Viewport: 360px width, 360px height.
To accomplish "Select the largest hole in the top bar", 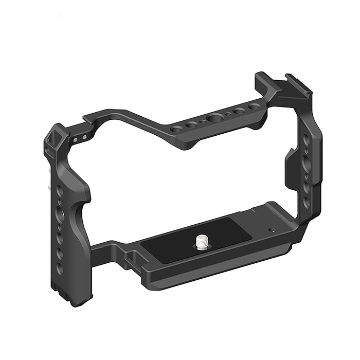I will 213,119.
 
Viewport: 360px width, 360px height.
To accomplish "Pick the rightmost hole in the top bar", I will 254,107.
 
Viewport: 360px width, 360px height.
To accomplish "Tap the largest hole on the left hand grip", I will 61,214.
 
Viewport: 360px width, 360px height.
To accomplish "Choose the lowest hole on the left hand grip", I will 60,268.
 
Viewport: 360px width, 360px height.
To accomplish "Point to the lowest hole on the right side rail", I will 307,202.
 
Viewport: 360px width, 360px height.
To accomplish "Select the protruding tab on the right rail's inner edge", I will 290,166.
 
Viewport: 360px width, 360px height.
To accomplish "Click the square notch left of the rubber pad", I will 130,255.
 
